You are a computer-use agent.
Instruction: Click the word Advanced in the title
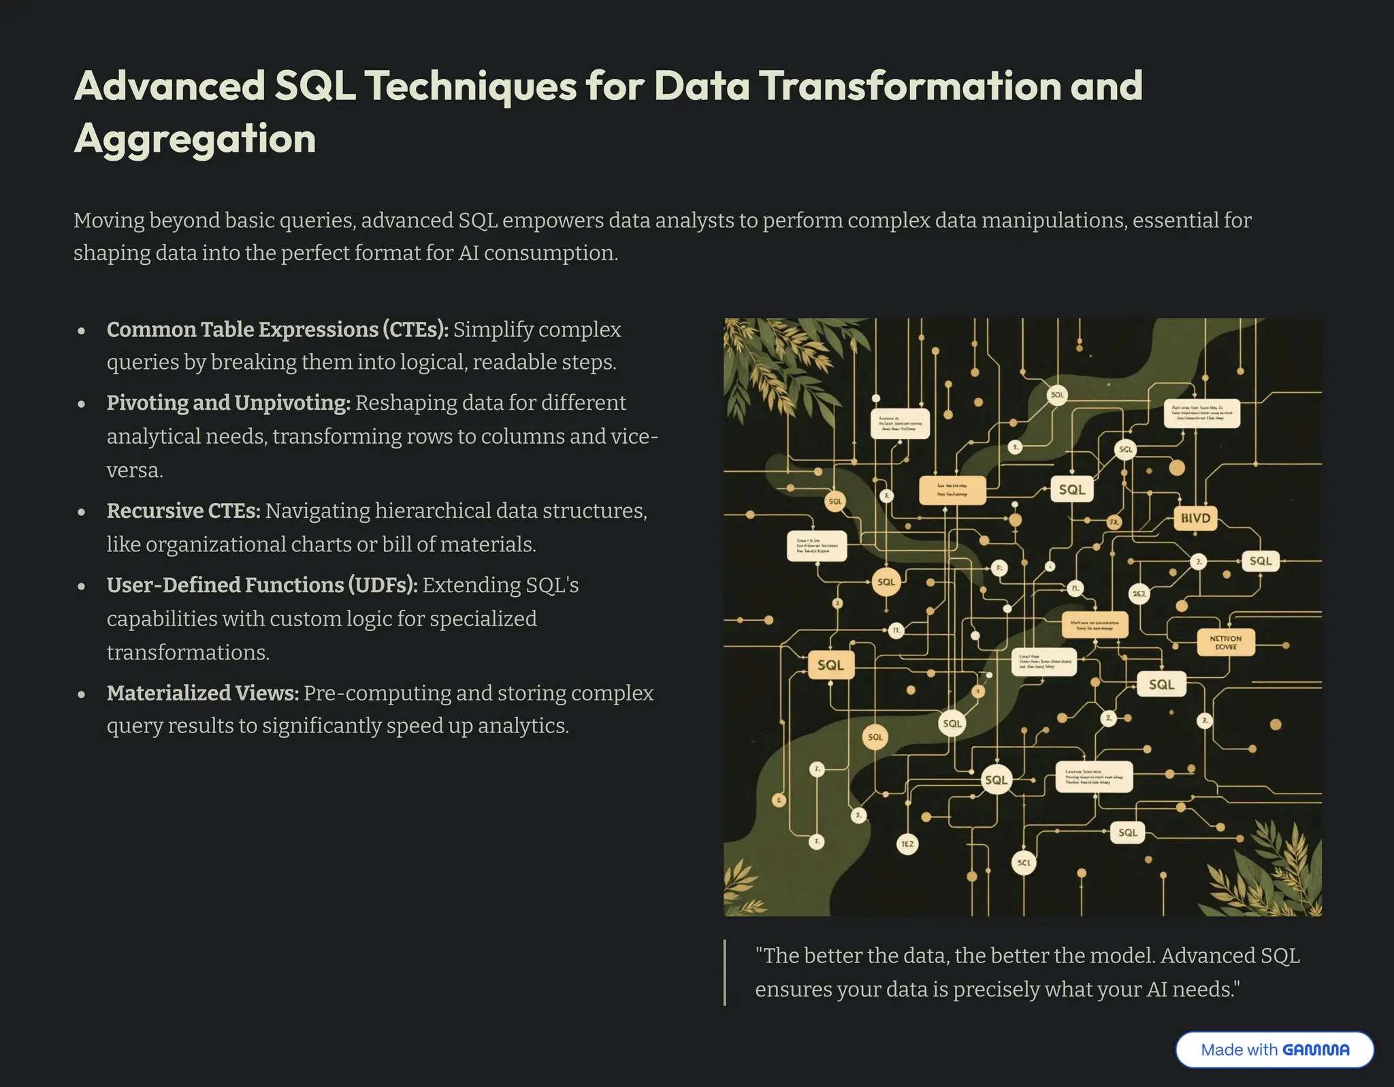tap(169, 86)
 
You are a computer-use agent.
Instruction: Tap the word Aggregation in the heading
tap(195, 139)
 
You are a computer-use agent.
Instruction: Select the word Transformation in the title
tap(909, 86)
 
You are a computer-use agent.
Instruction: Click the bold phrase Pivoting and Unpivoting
tap(228, 403)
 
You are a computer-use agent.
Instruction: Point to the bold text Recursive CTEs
tap(183, 510)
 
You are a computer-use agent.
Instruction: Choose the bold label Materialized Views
tap(202, 693)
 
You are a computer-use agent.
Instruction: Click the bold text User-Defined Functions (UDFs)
tap(261, 585)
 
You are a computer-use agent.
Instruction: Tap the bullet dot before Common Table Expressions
tap(82, 331)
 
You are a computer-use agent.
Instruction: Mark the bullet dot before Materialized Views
tap(82, 695)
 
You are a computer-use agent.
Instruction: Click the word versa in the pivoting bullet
tap(134, 470)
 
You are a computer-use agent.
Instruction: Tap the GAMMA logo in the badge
tap(1315, 1050)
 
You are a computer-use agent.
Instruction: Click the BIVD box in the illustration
tap(1195, 518)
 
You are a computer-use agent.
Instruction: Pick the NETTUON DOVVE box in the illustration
tap(1225, 643)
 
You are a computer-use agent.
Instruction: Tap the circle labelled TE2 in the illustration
tap(907, 844)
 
